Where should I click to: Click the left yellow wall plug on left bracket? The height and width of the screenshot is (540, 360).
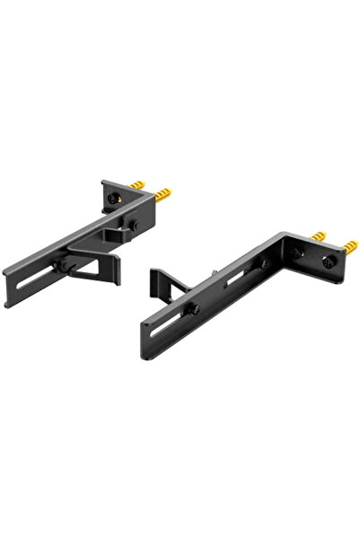click(x=137, y=183)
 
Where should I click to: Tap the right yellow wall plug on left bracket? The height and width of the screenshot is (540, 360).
click(x=162, y=192)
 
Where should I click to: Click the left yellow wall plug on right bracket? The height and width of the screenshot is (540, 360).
click(x=318, y=235)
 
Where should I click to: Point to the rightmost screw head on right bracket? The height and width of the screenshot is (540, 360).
click(x=329, y=261)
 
